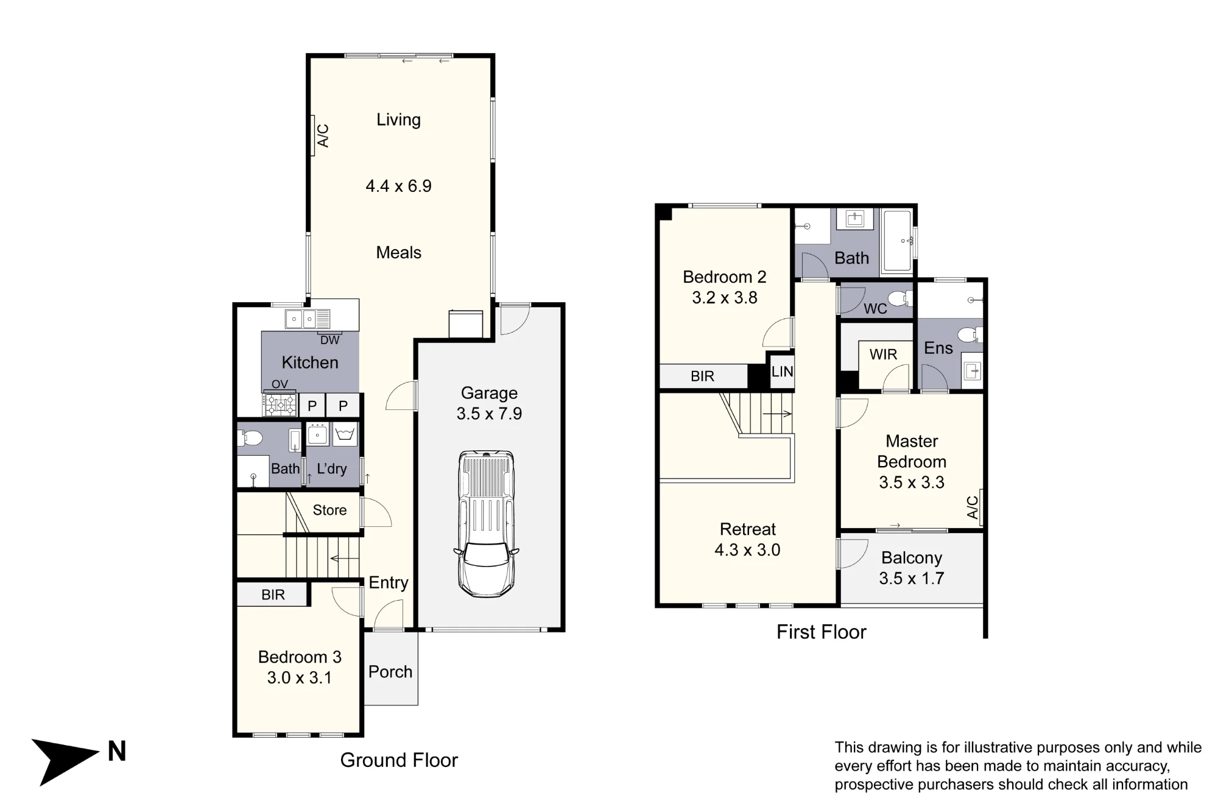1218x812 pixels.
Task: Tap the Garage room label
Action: pyautogui.click(x=489, y=393)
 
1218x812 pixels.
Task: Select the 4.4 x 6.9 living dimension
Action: pyautogui.click(x=398, y=186)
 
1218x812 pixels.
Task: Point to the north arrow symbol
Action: pyautogui.click(x=66, y=761)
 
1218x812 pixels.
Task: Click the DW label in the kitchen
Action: pyautogui.click(x=329, y=341)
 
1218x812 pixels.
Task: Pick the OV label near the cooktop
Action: pyautogui.click(x=280, y=384)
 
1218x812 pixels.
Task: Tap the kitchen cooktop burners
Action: pyautogui.click(x=280, y=404)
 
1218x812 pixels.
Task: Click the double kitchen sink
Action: pyautogui.click(x=308, y=319)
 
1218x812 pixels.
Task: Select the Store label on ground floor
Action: pyautogui.click(x=329, y=510)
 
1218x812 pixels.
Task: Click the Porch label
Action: pyautogui.click(x=390, y=671)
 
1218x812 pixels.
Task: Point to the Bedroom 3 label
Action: pyautogui.click(x=300, y=657)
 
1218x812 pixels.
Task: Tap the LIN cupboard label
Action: pyautogui.click(x=782, y=371)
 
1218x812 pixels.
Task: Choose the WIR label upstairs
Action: pyautogui.click(x=883, y=355)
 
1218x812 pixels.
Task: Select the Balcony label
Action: pyautogui.click(x=912, y=557)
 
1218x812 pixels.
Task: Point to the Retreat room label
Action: pyautogui.click(x=748, y=529)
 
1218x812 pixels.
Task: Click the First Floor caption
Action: pyautogui.click(x=821, y=632)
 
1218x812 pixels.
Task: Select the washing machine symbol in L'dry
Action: pyautogui.click(x=345, y=434)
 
